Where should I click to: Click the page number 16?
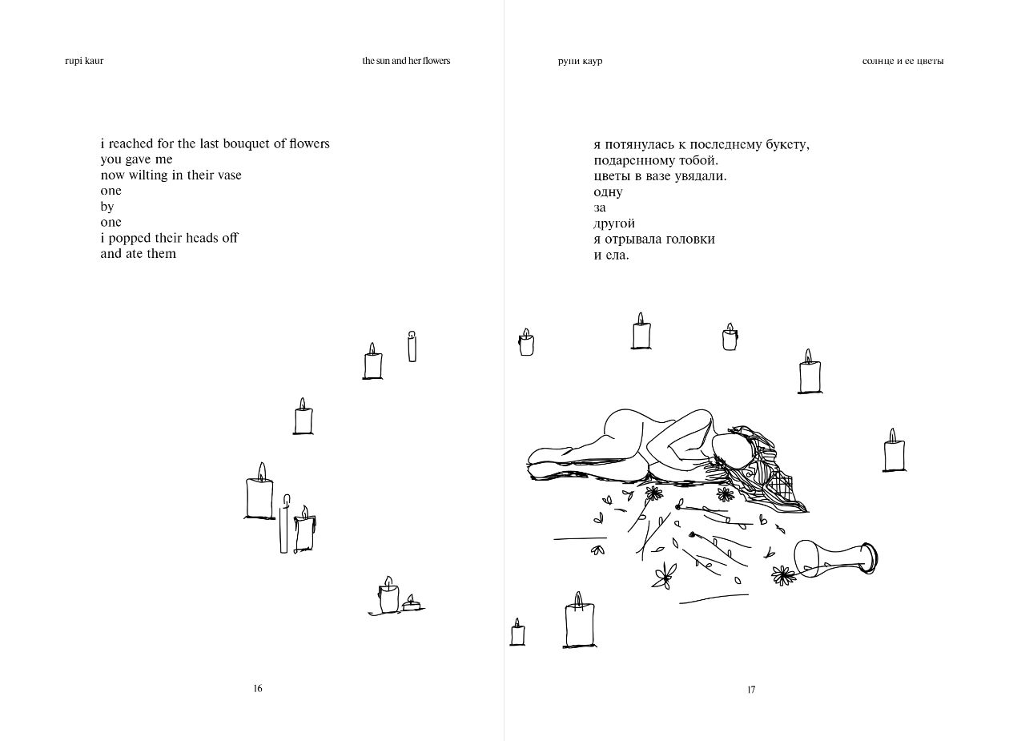(258, 688)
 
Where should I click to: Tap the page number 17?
(751, 690)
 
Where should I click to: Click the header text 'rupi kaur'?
(84, 61)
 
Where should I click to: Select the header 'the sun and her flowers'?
(406, 61)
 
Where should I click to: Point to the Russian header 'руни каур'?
(579, 62)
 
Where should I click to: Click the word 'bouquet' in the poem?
(228, 143)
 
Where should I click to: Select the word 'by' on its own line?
(107, 207)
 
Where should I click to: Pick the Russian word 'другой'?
(614, 224)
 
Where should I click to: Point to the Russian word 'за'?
(600, 207)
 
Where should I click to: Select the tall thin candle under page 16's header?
(412, 346)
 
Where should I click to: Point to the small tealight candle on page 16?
(412, 604)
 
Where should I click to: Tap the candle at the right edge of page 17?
(894, 453)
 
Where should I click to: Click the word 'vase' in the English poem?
(228, 175)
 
